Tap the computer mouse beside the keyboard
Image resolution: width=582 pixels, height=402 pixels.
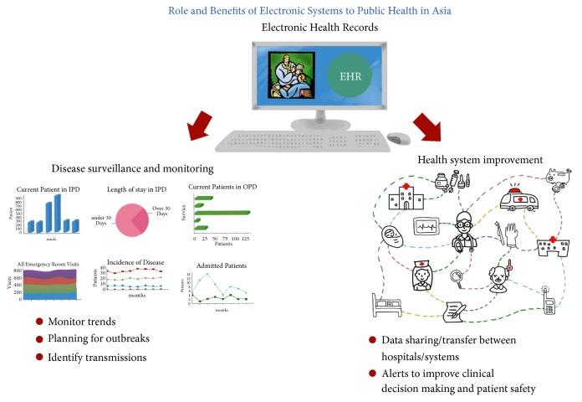(399, 138)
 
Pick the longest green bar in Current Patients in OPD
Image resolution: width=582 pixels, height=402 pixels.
(223, 213)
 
